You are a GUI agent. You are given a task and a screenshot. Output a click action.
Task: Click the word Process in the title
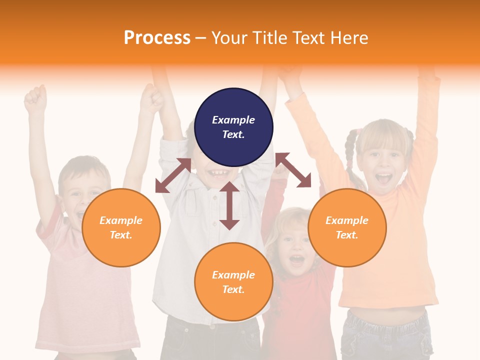(157, 38)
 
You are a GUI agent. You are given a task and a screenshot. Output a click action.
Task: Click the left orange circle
(121, 227)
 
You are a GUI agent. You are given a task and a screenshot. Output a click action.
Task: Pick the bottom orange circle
(233, 281)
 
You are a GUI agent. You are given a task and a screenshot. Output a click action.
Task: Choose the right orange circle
(347, 227)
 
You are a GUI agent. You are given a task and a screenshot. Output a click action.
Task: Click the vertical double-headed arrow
(229, 205)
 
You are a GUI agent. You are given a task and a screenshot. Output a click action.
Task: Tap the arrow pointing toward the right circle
(293, 170)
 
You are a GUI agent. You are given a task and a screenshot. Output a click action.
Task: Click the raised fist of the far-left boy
(35, 99)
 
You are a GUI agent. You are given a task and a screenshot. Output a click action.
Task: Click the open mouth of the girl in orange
(383, 178)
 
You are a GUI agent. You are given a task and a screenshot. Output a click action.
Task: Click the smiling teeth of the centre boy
(218, 173)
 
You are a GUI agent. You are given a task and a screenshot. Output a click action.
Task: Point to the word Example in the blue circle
(233, 120)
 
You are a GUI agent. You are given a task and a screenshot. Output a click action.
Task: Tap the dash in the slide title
(201, 38)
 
